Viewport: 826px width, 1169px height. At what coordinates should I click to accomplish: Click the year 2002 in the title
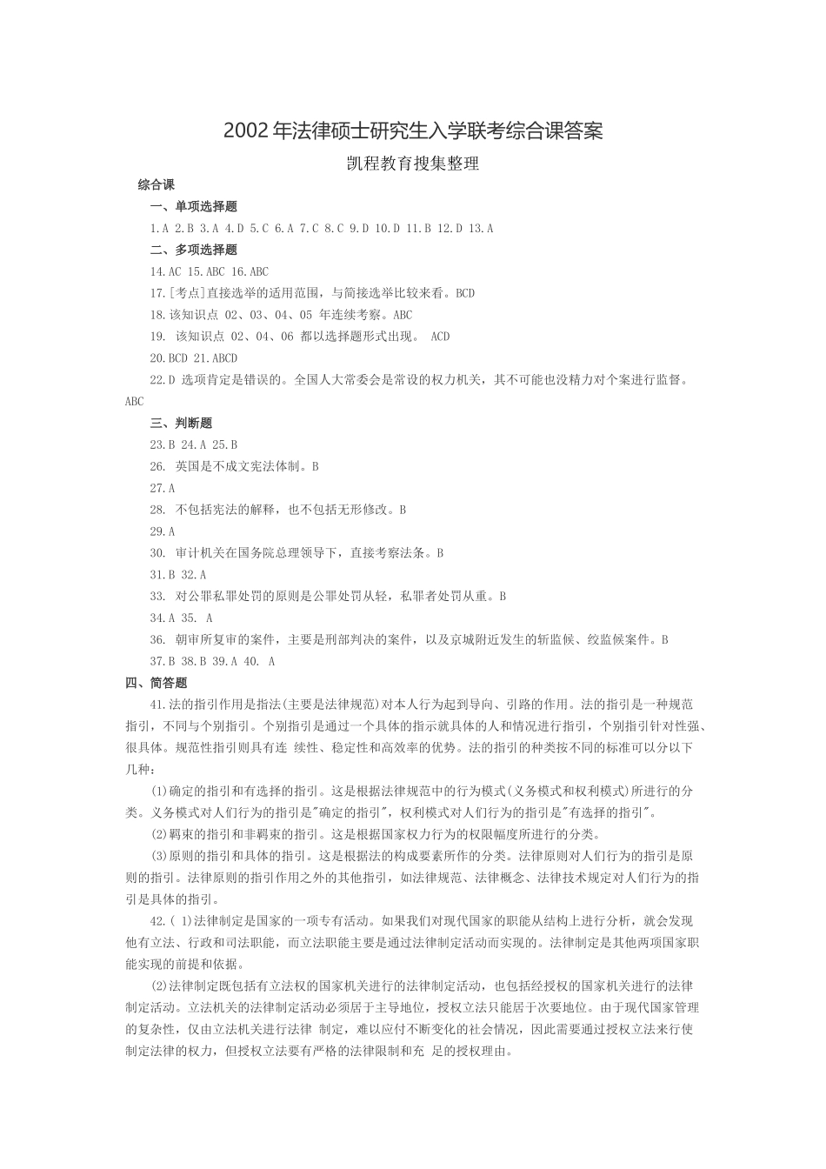246,131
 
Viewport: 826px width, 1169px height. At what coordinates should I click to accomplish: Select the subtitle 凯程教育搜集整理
413,164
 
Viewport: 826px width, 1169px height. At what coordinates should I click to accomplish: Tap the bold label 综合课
157,184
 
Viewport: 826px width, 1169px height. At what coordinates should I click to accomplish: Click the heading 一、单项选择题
193,207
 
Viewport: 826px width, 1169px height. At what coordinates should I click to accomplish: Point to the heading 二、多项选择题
193,250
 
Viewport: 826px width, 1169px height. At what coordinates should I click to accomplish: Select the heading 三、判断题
181,424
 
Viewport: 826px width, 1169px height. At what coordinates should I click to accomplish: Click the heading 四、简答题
157,683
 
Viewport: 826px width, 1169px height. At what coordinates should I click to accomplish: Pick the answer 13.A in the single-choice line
480,229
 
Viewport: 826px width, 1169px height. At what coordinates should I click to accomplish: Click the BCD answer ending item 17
465,293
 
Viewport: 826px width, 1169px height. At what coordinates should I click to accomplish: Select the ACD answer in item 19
440,337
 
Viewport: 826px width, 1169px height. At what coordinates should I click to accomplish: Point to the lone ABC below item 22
135,402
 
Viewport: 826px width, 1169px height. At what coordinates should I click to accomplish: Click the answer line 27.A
163,488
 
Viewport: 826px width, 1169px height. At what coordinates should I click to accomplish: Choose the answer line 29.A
163,531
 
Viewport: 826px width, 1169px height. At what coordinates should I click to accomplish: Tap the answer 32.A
194,575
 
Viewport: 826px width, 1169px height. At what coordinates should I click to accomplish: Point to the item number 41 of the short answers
158,705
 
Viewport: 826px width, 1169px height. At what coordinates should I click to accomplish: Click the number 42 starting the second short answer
158,921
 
